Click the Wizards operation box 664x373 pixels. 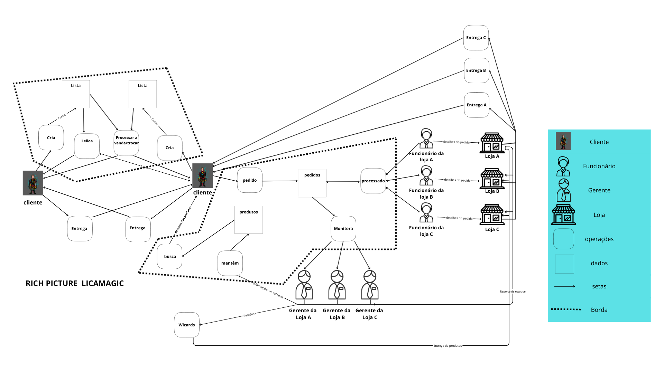pos(187,325)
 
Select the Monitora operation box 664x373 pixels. pos(343,229)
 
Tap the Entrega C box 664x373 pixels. pos(476,38)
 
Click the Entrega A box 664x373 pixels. pos(477,105)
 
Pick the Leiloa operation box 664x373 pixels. pos(87,146)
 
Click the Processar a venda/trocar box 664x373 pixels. pos(126,143)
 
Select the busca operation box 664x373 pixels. pos(170,257)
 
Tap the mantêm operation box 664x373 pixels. pos(230,263)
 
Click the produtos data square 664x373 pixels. pos(249,220)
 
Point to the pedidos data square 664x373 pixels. pos(312,183)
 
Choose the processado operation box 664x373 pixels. pos(373,181)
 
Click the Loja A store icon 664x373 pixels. pos(492,143)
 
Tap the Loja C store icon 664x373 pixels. pos(492,214)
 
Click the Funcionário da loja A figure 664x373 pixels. pos(426,138)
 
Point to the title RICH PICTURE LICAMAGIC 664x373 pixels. pos(75,284)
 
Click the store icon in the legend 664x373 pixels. pos(564,215)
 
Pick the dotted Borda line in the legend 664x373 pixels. pos(566,309)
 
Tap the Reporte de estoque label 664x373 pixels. pos(513,291)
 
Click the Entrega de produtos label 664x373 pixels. pos(448,346)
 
